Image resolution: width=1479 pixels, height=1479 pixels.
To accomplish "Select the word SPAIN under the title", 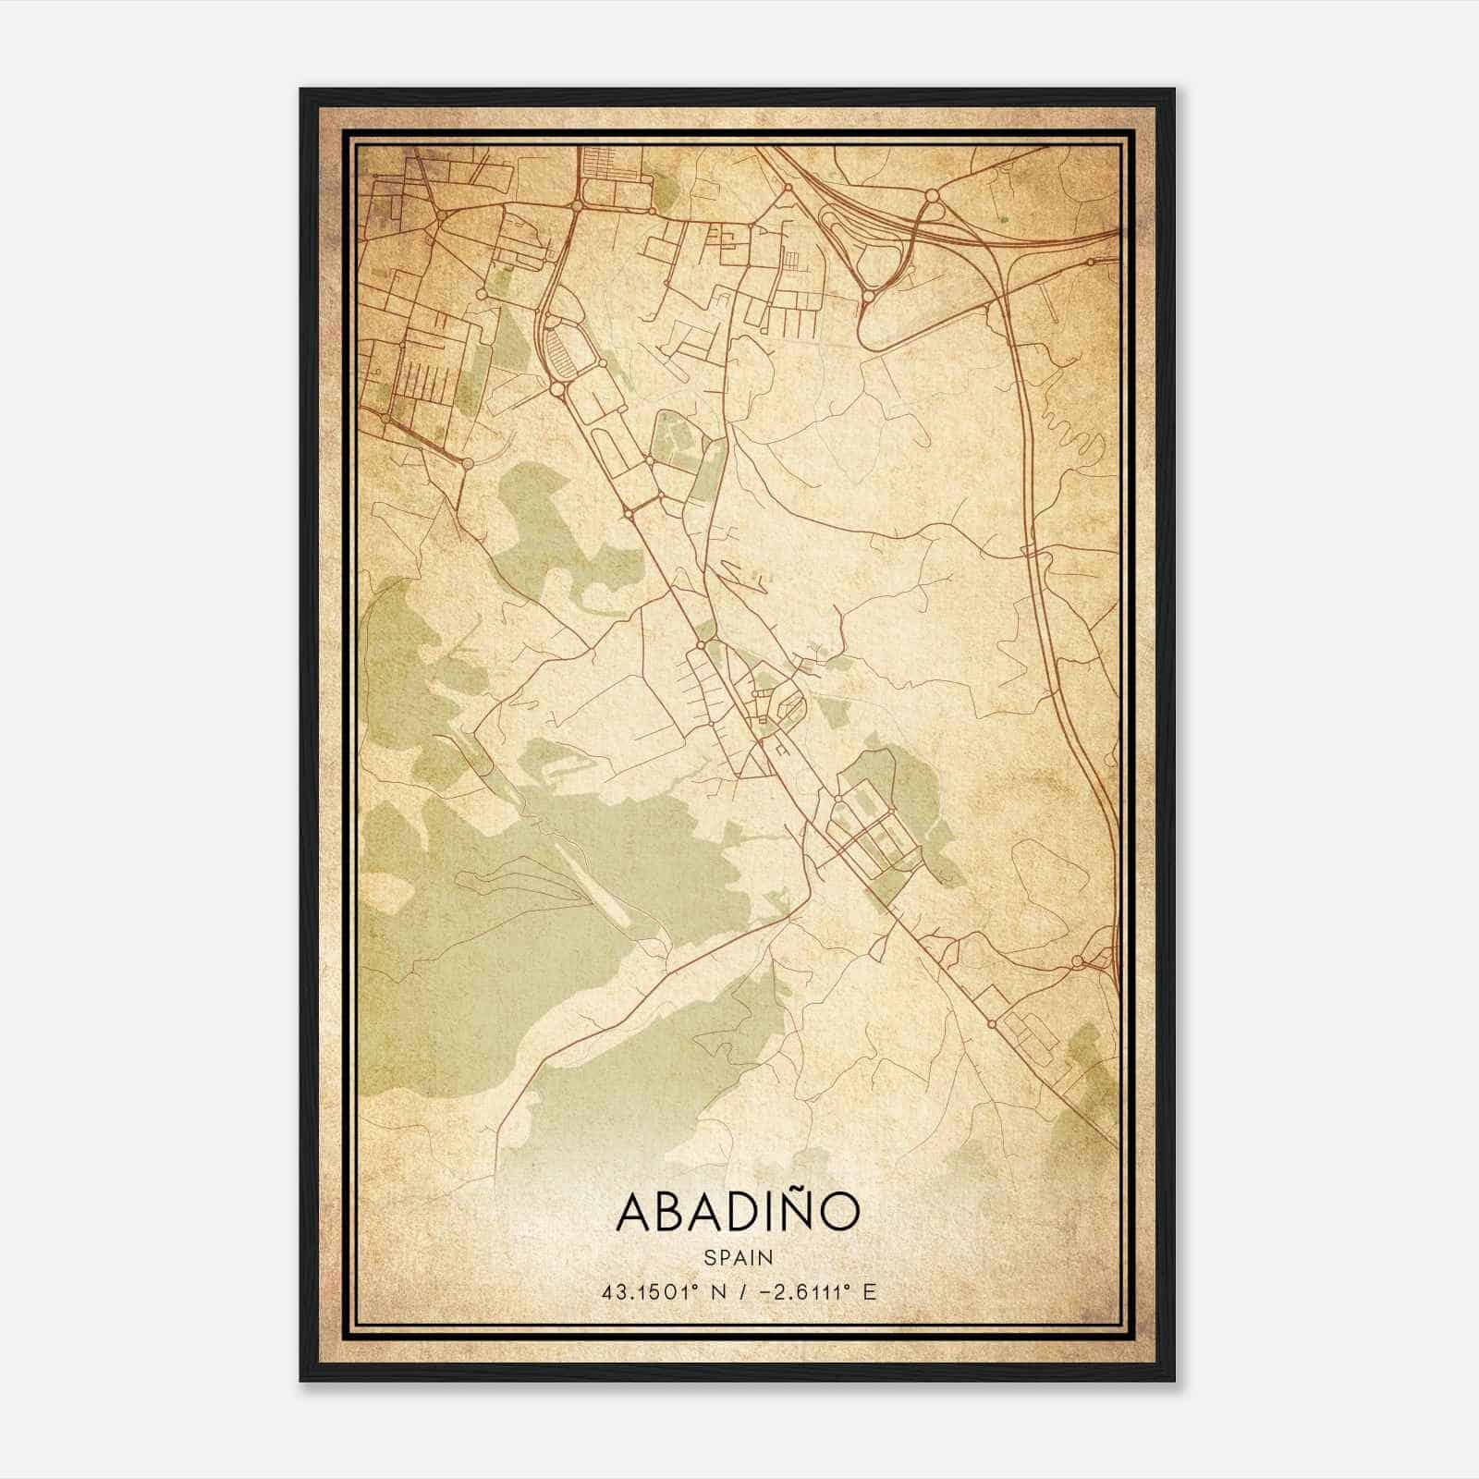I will [738, 1257].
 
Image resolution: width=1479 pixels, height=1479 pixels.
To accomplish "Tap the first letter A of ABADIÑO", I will [635, 1213].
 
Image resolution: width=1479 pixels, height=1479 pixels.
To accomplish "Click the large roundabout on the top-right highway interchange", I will [931, 195].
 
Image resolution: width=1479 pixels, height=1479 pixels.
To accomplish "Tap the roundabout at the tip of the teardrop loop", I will [869, 297].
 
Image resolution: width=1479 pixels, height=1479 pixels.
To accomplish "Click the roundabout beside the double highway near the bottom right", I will [1077, 962].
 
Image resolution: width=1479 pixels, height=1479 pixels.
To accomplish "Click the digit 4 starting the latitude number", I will [606, 1291].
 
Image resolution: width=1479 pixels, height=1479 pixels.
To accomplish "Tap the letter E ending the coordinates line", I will [869, 1291].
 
